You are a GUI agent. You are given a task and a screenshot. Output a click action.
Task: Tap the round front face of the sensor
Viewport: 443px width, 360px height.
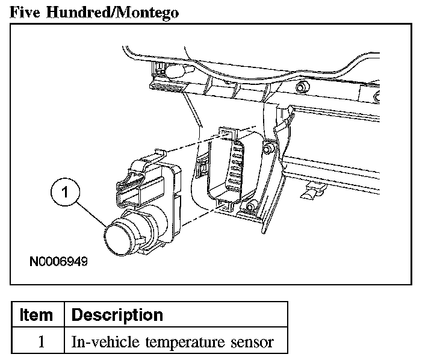(115, 238)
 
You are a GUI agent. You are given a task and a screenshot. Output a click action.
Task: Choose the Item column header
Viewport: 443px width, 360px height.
(36, 315)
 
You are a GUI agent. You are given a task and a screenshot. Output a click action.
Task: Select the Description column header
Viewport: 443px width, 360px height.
(117, 315)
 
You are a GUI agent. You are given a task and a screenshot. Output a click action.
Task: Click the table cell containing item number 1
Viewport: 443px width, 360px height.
(41, 342)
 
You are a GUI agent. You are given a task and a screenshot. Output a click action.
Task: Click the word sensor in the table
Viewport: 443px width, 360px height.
(252, 343)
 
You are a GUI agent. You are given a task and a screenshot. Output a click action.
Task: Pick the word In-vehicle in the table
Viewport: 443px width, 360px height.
(99, 342)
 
